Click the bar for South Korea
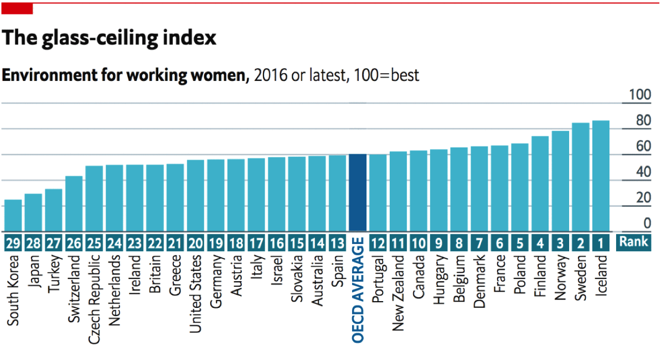[13, 216]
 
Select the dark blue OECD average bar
[358, 193]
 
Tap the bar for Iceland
[601, 176]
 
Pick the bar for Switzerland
[74, 204]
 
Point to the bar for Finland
[540, 184]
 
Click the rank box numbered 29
[13, 243]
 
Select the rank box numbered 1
[601, 243]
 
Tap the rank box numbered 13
[338, 243]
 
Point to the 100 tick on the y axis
[640, 95]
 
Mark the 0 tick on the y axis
[648, 224]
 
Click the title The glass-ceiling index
[109, 38]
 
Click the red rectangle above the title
[17, 9]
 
